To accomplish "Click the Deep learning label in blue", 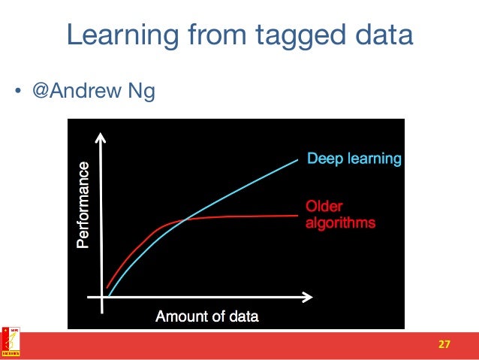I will pyautogui.click(x=354, y=159).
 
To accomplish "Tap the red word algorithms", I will pyautogui.click(x=340, y=223).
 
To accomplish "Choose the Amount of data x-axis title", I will pyautogui.click(x=206, y=316).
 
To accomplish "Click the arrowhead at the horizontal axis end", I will pyautogui.click(x=308, y=297).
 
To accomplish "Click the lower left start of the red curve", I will pyautogui.click(x=107, y=288).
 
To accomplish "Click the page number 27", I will pyautogui.click(x=444, y=344).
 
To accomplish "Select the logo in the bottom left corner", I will pyautogui.click(x=11, y=341).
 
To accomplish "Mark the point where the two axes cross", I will pyautogui.click(x=102, y=297).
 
